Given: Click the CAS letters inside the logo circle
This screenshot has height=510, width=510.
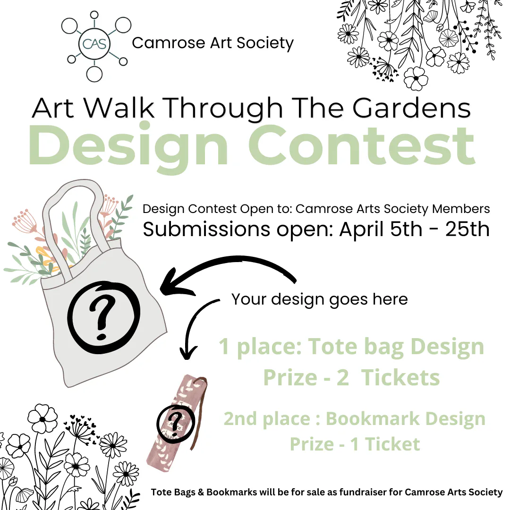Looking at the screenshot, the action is click(x=94, y=43).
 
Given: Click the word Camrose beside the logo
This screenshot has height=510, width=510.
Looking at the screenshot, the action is click(x=169, y=43).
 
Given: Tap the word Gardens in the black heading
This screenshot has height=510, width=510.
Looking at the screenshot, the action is click(x=411, y=108).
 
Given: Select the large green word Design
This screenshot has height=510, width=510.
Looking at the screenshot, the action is click(x=128, y=146).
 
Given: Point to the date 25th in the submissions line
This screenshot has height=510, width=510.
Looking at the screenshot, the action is click(x=467, y=229).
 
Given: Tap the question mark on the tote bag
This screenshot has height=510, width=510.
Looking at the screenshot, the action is click(x=102, y=319).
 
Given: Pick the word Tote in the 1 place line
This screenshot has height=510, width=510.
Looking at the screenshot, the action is click(x=332, y=346).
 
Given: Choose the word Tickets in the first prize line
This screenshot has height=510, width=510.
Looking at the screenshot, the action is click(x=400, y=378).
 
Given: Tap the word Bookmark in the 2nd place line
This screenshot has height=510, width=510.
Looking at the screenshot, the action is click(x=373, y=418).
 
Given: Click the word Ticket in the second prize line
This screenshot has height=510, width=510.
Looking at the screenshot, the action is click(x=392, y=444).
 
